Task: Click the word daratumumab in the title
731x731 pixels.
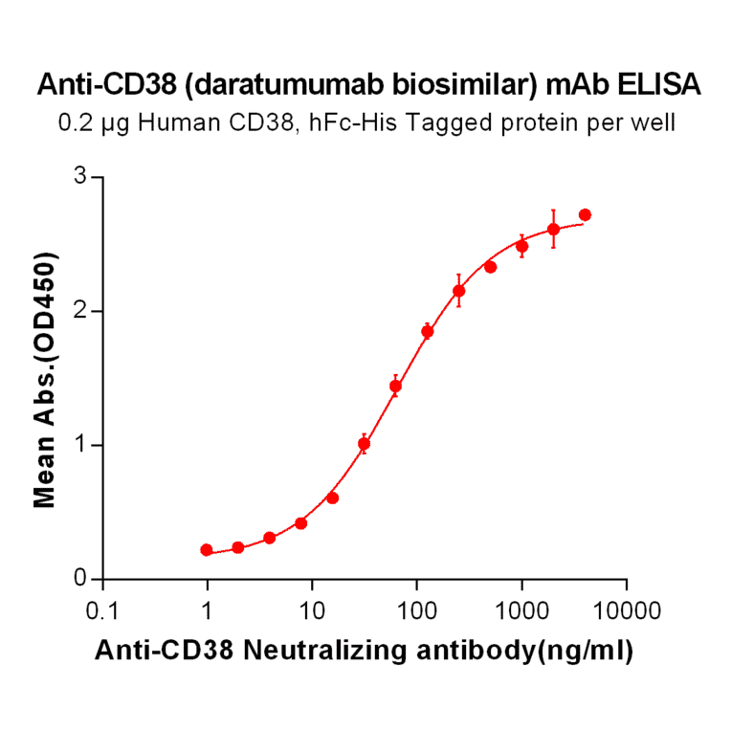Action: (287, 86)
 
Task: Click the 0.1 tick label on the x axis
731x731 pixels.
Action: (102, 609)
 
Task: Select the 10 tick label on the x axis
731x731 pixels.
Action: (311, 609)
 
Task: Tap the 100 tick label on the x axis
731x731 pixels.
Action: (416, 609)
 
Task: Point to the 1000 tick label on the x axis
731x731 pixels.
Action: (521, 609)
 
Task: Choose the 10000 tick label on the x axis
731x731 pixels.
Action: (627, 609)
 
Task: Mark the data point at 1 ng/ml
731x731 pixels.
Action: (207, 550)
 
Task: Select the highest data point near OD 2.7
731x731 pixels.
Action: (585, 214)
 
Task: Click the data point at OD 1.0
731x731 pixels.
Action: (364, 444)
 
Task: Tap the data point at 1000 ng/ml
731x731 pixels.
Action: (521, 246)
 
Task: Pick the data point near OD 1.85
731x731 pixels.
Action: (427, 331)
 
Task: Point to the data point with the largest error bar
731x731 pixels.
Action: (553, 229)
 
